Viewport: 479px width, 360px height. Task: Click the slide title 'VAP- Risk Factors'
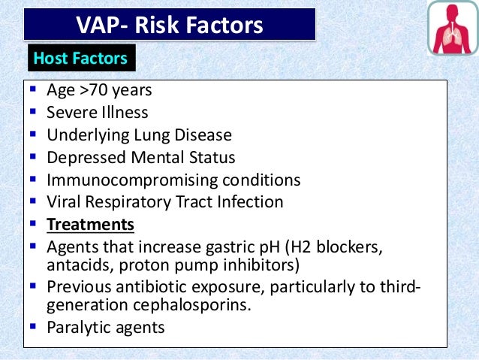tap(170, 26)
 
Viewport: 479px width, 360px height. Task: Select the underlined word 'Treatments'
tap(90, 225)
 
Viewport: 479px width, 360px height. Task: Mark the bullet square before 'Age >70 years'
tap(32, 90)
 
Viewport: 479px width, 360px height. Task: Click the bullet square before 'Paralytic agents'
tap(32, 327)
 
